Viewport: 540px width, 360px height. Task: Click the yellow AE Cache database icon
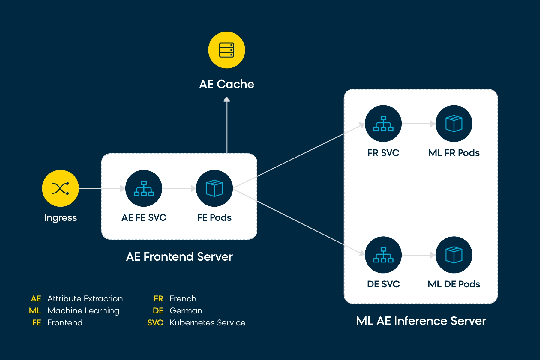[227, 50]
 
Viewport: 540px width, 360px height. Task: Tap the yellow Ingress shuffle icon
[61, 188]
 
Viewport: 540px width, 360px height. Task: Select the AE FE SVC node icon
[144, 188]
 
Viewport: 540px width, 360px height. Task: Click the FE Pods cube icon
[214, 188]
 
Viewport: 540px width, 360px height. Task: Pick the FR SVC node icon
[383, 124]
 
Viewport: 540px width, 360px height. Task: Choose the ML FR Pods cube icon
[454, 124]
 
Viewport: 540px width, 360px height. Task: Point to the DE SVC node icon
[383, 255]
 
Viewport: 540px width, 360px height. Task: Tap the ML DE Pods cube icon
[454, 255]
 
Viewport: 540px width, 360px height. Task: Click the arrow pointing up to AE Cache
[227, 125]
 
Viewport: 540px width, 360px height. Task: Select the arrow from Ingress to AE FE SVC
[102, 188]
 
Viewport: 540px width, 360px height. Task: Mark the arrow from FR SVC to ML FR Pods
[418, 124]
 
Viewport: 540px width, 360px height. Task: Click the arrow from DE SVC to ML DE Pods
[418, 255]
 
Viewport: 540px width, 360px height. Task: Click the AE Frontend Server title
[179, 257]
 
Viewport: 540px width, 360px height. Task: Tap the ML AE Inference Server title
[421, 321]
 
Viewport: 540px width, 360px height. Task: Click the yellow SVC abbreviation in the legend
[155, 323]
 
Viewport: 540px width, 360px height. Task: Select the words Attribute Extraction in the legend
[85, 299]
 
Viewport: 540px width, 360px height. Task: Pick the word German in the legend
[186, 311]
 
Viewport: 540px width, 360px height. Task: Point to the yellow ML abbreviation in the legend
[35, 311]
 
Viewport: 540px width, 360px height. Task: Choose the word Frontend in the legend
[65, 323]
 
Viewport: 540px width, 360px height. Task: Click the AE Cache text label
[227, 84]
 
